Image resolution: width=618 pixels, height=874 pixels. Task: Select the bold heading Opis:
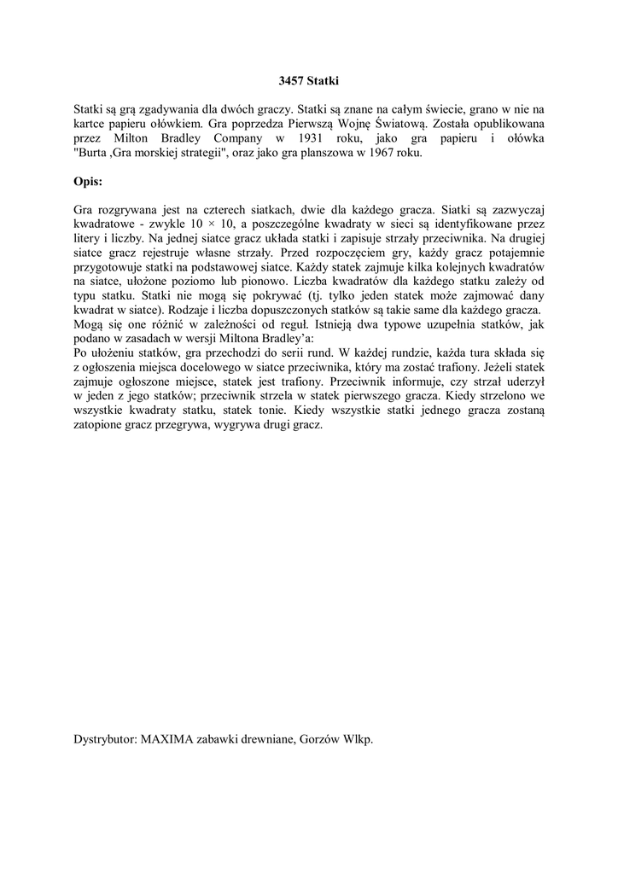(88, 182)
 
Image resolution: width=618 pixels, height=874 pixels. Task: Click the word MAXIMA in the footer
(170, 739)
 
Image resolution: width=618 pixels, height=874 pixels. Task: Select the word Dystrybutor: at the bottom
(105, 739)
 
